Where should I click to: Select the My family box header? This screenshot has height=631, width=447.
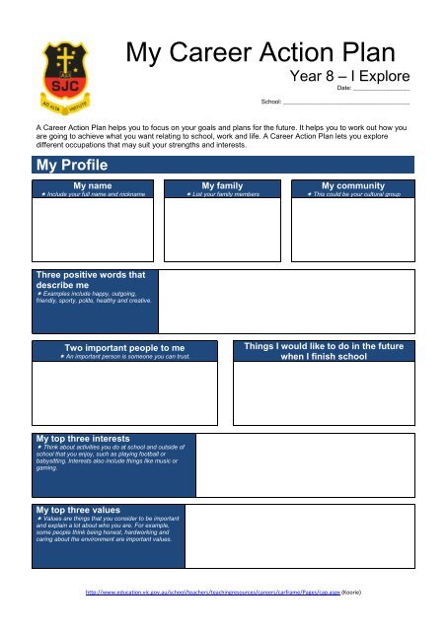[223, 185]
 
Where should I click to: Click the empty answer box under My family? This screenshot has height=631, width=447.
[223, 229]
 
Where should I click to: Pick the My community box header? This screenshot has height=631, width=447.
[354, 185]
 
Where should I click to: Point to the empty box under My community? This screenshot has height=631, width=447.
[354, 229]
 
